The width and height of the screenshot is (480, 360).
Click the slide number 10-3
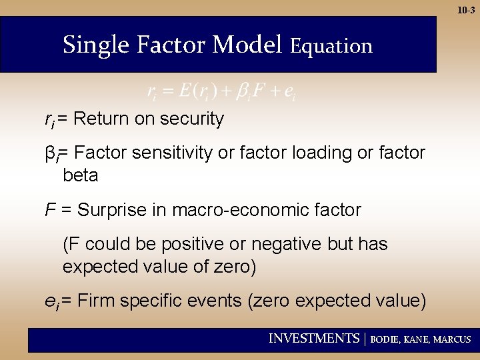coord(466,10)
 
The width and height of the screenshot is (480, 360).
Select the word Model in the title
coord(248,45)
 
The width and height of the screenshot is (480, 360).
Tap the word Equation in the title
coord(331,46)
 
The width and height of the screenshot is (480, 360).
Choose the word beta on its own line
coord(80,176)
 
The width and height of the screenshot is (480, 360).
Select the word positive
coord(190,245)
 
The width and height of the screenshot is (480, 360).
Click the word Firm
coord(95,301)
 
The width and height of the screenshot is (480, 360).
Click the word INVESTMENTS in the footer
coord(313,339)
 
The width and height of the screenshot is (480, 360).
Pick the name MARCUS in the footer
coord(452,339)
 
